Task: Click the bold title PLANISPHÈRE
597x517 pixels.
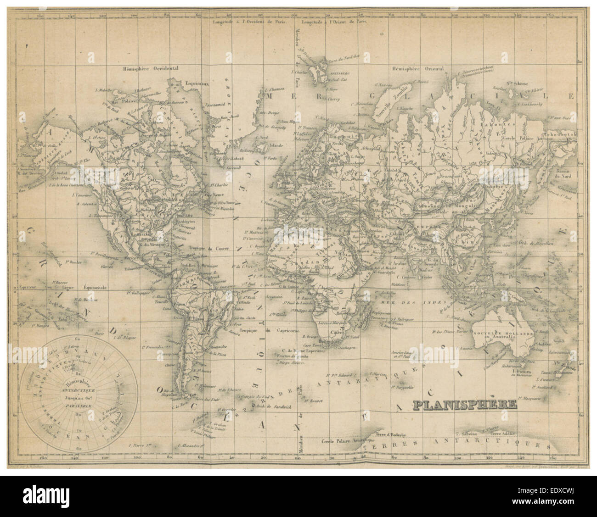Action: pyautogui.click(x=465, y=405)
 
